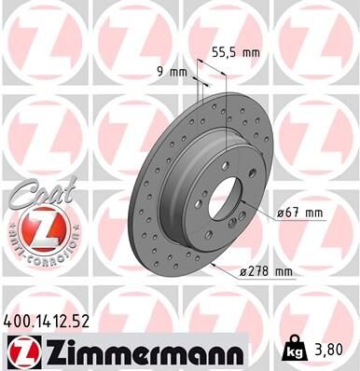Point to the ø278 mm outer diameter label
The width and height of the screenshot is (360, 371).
tap(266, 271)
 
